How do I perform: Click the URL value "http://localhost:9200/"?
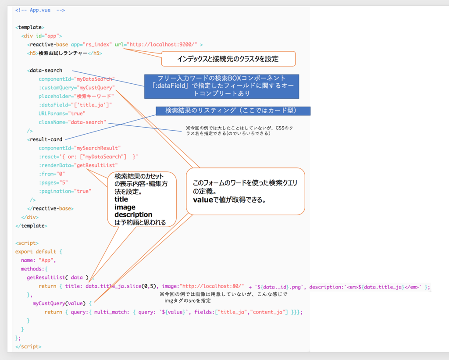[x=162, y=45]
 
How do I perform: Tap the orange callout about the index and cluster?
[x=228, y=58]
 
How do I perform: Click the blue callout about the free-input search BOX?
[x=221, y=86]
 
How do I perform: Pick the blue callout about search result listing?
[x=232, y=111]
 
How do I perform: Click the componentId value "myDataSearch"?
[x=95, y=79]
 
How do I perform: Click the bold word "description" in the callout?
[x=133, y=215]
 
